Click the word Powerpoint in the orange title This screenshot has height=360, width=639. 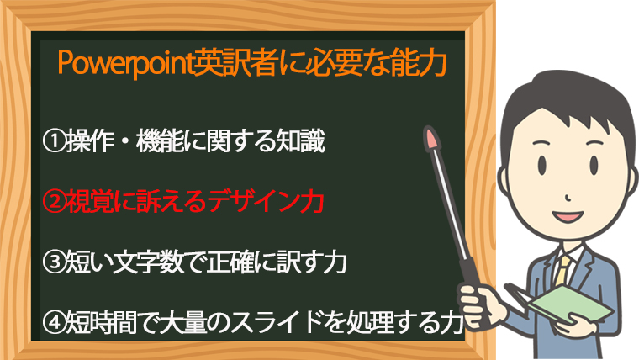click(124, 64)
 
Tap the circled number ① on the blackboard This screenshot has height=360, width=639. click(54, 141)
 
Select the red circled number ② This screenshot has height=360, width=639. click(54, 202)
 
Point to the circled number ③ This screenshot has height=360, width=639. click(54, 262)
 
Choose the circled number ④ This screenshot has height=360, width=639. click(54, 322)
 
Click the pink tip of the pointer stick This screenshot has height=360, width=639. click(430, 138)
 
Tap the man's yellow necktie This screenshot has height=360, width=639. click(562, 270)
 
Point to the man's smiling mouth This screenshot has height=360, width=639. click(568, 215)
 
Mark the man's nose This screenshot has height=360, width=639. click(568, 198)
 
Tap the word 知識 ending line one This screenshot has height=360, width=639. click(300, 141)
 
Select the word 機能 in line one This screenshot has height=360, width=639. click(160, 141)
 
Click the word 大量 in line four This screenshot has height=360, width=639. click(183, 322)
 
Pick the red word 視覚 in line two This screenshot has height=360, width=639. click(90, 202)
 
